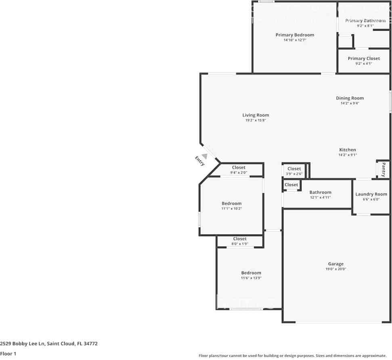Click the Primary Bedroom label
pos(295,35)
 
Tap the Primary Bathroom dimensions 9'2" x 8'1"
pos(365,26)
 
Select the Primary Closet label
pos(364,59)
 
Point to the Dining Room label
pos(350,98)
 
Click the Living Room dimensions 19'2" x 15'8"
pos(256,120)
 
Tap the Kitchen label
pos(347,150)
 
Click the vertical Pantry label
pos(384,170)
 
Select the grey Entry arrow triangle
pos(205,156)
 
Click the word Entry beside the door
pos(200,161)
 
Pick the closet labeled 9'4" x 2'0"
pos(239,170)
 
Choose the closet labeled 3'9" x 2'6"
pos(294,171)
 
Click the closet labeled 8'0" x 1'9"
pos(239,241)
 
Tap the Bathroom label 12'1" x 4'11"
pos(320,195)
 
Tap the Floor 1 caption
pos(8,354)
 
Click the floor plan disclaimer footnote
pos(292,356)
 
